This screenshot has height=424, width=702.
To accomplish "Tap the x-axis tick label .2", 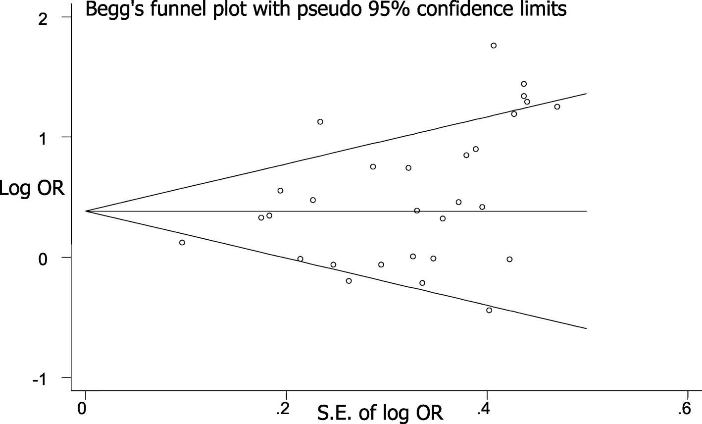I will (x=283, y=409).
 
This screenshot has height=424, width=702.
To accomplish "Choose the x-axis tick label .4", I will (x=484, y=409).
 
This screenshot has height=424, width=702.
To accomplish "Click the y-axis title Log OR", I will (x=32, y=188).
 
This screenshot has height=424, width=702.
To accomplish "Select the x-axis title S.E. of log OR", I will (x=380, y=412).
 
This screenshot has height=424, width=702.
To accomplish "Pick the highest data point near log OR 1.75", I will (x=494, y=46).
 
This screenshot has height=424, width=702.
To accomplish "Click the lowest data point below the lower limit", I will (x=489, y=310).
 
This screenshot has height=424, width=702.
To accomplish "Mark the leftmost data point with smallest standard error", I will (x=182, y=243).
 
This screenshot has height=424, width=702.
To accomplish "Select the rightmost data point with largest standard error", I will (x=557, y=106).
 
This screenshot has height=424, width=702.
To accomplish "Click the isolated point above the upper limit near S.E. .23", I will (x=320, y=122).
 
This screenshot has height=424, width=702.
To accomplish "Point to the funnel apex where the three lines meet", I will (x=86, y=211).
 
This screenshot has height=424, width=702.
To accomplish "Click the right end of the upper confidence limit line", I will (x=586, y=93).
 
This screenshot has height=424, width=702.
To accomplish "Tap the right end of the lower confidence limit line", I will (x=586, y=328).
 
